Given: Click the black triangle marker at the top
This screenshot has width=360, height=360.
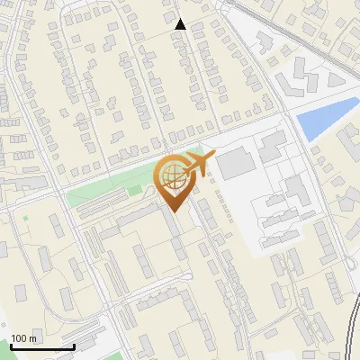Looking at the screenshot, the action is [181, 24].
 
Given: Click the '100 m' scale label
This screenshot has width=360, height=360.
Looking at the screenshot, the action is [23, 338].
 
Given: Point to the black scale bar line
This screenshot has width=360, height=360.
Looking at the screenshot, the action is [42, 347].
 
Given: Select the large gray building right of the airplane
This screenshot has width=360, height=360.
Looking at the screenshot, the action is [237, 163].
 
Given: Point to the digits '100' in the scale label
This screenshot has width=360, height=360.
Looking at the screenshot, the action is [20, 338].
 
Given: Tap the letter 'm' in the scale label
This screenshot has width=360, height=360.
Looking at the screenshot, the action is [32, 338].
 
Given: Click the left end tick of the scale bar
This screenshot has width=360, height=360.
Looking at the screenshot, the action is [12, 346].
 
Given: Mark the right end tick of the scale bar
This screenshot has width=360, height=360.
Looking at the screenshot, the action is [74, 346].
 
